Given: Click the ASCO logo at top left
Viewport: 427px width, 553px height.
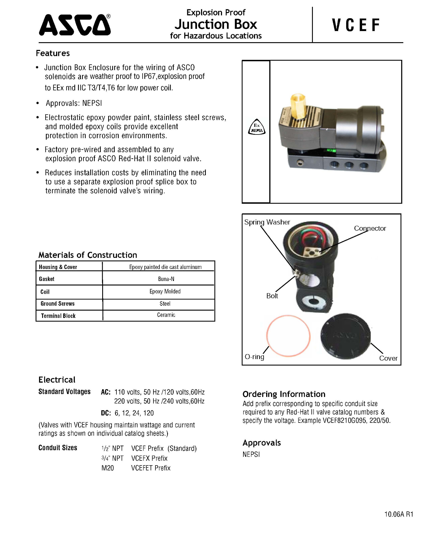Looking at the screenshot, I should click(x=75, y=25).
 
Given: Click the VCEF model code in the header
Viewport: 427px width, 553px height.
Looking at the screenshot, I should click(x=356, y=25).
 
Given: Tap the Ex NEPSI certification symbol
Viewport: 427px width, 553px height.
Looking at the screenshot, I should click(x=257, y=127).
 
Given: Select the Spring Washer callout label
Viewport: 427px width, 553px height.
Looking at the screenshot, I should click(x=267, y=222).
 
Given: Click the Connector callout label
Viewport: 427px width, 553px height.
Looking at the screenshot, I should click(x=370, y=228).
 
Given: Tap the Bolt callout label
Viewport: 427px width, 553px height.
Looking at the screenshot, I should click(x=272, y=296).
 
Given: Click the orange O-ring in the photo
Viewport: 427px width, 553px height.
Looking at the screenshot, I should click(x=288, y=336).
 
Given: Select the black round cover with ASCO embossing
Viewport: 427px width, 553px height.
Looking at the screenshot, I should click(x=346, y=336).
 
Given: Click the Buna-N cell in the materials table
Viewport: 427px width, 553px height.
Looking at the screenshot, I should click(x=166, y=279).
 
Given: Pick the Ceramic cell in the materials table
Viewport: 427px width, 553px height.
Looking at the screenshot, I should click(x=166, y=315).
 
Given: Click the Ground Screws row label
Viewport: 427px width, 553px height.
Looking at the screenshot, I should click(x=58, y=304).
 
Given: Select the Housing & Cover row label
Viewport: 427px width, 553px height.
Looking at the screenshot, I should click(x=58, y=267).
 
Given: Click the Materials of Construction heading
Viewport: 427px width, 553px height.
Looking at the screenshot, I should click(x=88, y=255).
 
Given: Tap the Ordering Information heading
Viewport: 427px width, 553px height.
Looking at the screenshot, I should click(x=284, y=394).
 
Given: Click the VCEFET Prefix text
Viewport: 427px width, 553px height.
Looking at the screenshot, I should click(x=151, y=468).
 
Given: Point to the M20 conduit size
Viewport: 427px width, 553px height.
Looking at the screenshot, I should click(x=108, y=468).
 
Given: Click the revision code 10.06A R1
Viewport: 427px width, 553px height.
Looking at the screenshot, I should click(x=399, y=514).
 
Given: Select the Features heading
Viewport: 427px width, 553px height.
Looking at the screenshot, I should click(x=53, y=53).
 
